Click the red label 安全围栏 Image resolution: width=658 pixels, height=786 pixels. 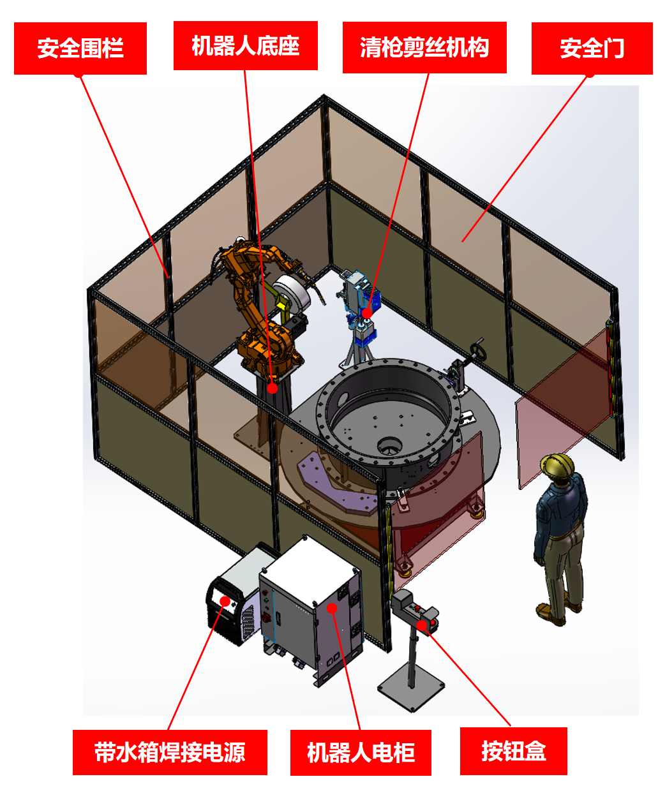point(80,48)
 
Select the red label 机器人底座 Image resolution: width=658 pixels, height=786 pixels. point(245,45)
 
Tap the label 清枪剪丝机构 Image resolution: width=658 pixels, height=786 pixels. point(424,47)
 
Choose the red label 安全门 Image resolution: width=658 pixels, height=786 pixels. point(592,48)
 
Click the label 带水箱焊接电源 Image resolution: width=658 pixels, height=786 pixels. point(170,752)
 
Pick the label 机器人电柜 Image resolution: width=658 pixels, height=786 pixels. point(361,752)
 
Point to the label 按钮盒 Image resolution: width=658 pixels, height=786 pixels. point(513,751)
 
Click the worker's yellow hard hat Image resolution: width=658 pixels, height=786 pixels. point(557,466)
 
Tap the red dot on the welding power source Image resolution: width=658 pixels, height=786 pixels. point(225,601)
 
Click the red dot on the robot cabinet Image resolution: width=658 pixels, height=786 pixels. point(332,608)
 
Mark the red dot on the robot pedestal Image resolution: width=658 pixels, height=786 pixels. point(272,388)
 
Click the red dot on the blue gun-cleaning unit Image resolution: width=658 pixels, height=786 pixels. point(367,313)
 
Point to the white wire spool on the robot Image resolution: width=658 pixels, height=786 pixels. point(291,295)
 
